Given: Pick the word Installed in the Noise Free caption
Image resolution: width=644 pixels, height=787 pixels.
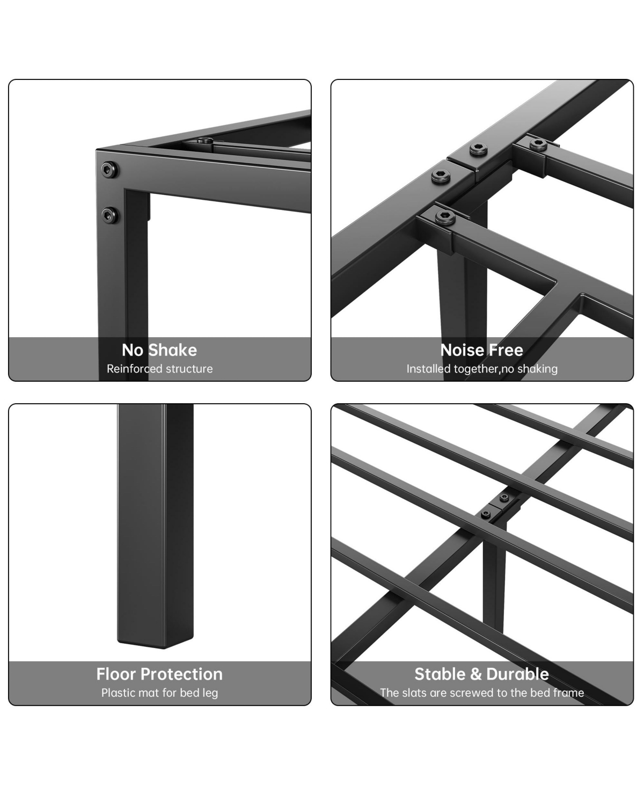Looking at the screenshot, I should tap(429, 369).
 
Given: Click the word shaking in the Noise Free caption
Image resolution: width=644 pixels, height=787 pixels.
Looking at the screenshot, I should tap(536, 369).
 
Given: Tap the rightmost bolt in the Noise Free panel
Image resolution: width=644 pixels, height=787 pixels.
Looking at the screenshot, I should tap(537, 143).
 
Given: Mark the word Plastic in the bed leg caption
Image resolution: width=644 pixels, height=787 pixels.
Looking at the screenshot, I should tap(119, 693).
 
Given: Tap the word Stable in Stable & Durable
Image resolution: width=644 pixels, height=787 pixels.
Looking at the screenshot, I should tap(440, 674).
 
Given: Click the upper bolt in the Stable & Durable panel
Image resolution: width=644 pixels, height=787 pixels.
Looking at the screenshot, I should tap(504, 498).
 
